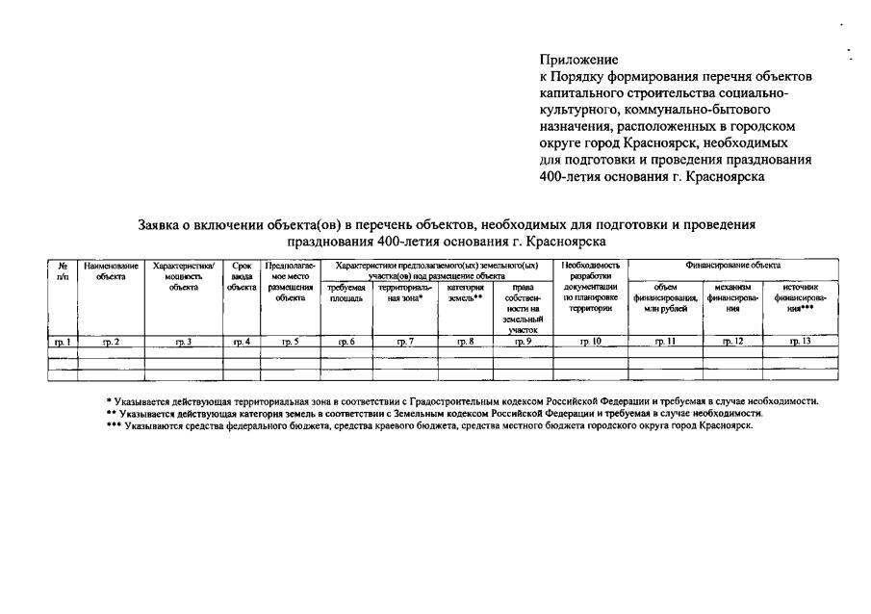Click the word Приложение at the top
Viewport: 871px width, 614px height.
pos(578,60)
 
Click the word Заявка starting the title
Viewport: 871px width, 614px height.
pos(165,224)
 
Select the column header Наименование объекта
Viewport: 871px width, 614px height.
pos(111,269)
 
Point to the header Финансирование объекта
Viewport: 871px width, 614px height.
pos(732,264)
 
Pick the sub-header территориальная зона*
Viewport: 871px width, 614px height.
pos(405,293)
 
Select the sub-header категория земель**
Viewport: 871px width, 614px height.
pos(465,293)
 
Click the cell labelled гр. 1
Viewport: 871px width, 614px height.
pos(62,342)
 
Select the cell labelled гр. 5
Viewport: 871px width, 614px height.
pos(290,342)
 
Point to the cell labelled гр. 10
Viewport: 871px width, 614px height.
pos(590,342)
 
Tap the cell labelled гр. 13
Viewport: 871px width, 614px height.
pos(800,342)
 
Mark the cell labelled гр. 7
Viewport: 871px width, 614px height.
pos(405,342)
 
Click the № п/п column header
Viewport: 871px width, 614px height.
pos(63,269)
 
